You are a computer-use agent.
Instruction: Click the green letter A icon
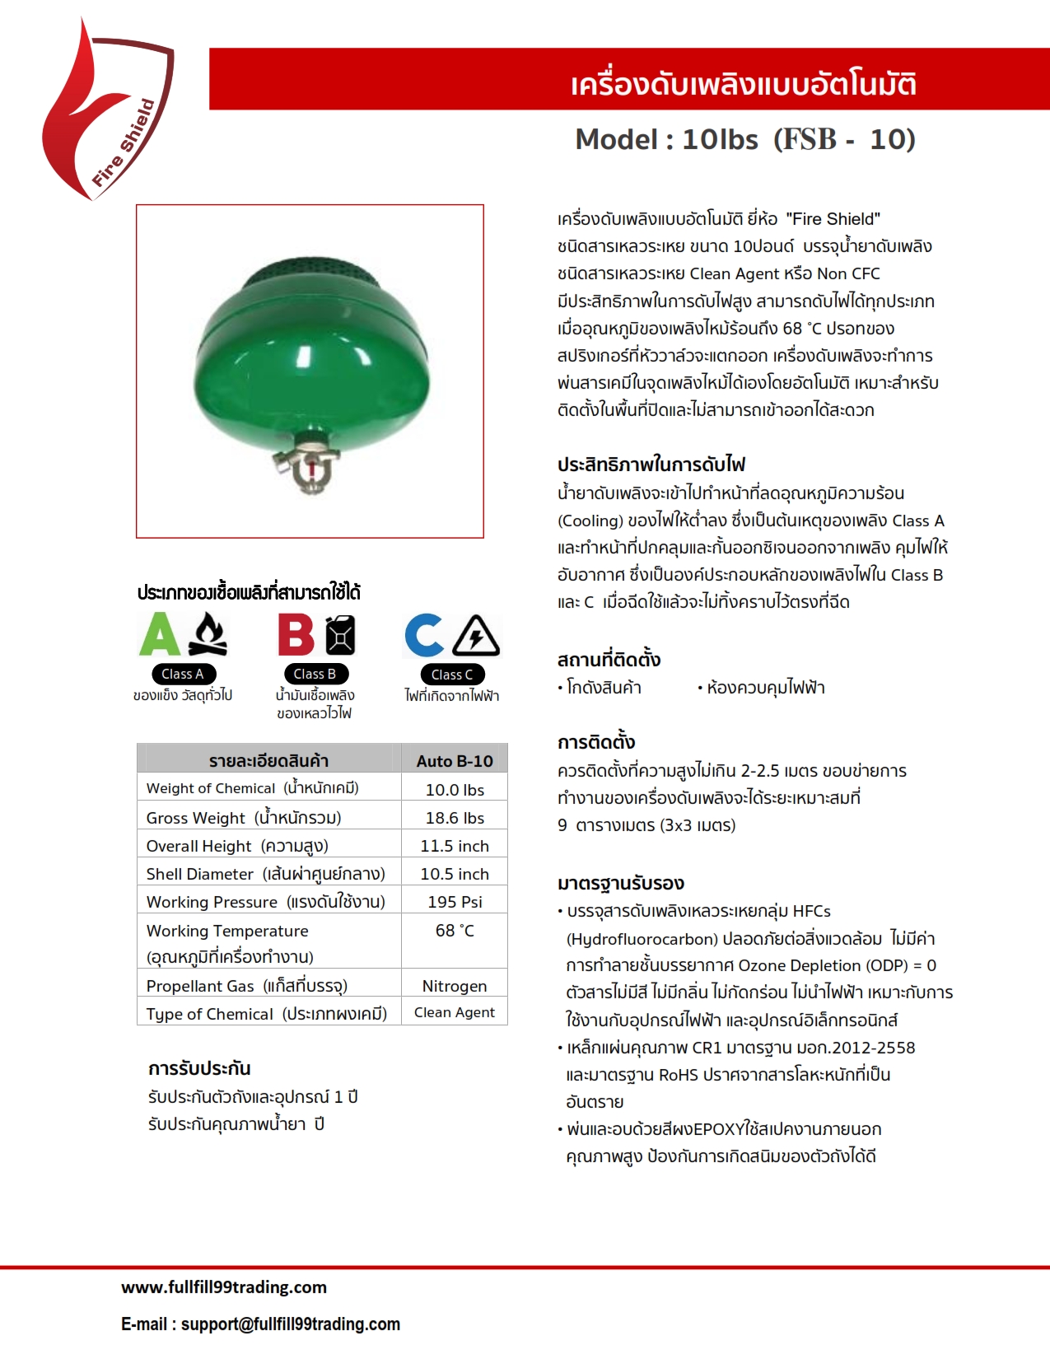click(x=160, y=635)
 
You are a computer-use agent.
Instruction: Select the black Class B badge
click(x=315, y=674)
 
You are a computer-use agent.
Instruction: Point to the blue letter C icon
click(x=424, y=636)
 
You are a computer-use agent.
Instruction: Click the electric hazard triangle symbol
click(x=477, y=636)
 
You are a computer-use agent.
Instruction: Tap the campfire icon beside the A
click(x=208, y=635)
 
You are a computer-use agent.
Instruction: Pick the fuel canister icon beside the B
click(x=340, y=635)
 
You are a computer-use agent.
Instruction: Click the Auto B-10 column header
click(x=455, y=761)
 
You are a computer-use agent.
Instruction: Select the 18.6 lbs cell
click(x=455, y=818)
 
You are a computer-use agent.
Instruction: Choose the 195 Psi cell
click(x=455, y=902)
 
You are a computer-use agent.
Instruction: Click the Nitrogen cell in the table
click(x=455, y=986)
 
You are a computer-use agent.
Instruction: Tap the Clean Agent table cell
click(x=455, y=1012)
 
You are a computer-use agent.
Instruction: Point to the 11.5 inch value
click(x=455, y=846)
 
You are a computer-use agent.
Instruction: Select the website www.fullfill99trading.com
click(x=224, y=1287)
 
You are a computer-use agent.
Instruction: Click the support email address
click(x=290, y=1324)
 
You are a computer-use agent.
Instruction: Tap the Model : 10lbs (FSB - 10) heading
click(x=745, y=139)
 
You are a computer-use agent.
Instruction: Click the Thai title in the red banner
click(x=743, y=84)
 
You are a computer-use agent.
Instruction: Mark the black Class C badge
click(x=452, y=675)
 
